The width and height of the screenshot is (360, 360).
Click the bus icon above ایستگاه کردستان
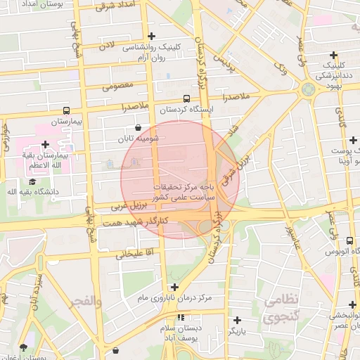coord(186,99)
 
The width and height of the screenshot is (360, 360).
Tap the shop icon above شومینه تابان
coord(137,128)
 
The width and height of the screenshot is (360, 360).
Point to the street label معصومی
coord(117,88)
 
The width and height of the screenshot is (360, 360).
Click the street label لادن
coord(106,45)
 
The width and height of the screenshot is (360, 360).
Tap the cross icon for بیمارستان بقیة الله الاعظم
coord(46,144)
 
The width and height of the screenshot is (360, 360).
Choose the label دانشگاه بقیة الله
coord(33,191)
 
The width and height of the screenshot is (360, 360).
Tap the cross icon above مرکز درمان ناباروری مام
coord(174,287)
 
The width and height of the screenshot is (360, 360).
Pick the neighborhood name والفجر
coord(85,301)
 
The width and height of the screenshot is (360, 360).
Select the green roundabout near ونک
coord(307,89)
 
